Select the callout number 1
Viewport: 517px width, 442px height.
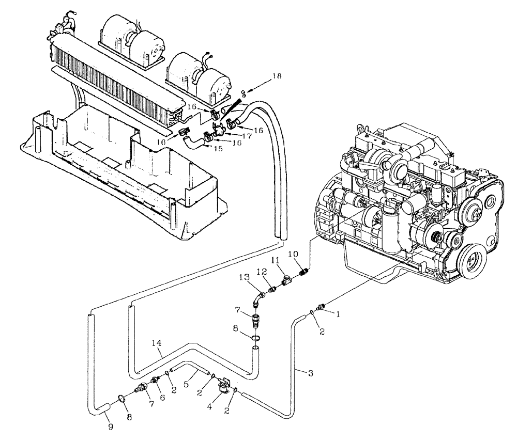pos(338,313)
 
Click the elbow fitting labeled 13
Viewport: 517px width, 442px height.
pos(260,299)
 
